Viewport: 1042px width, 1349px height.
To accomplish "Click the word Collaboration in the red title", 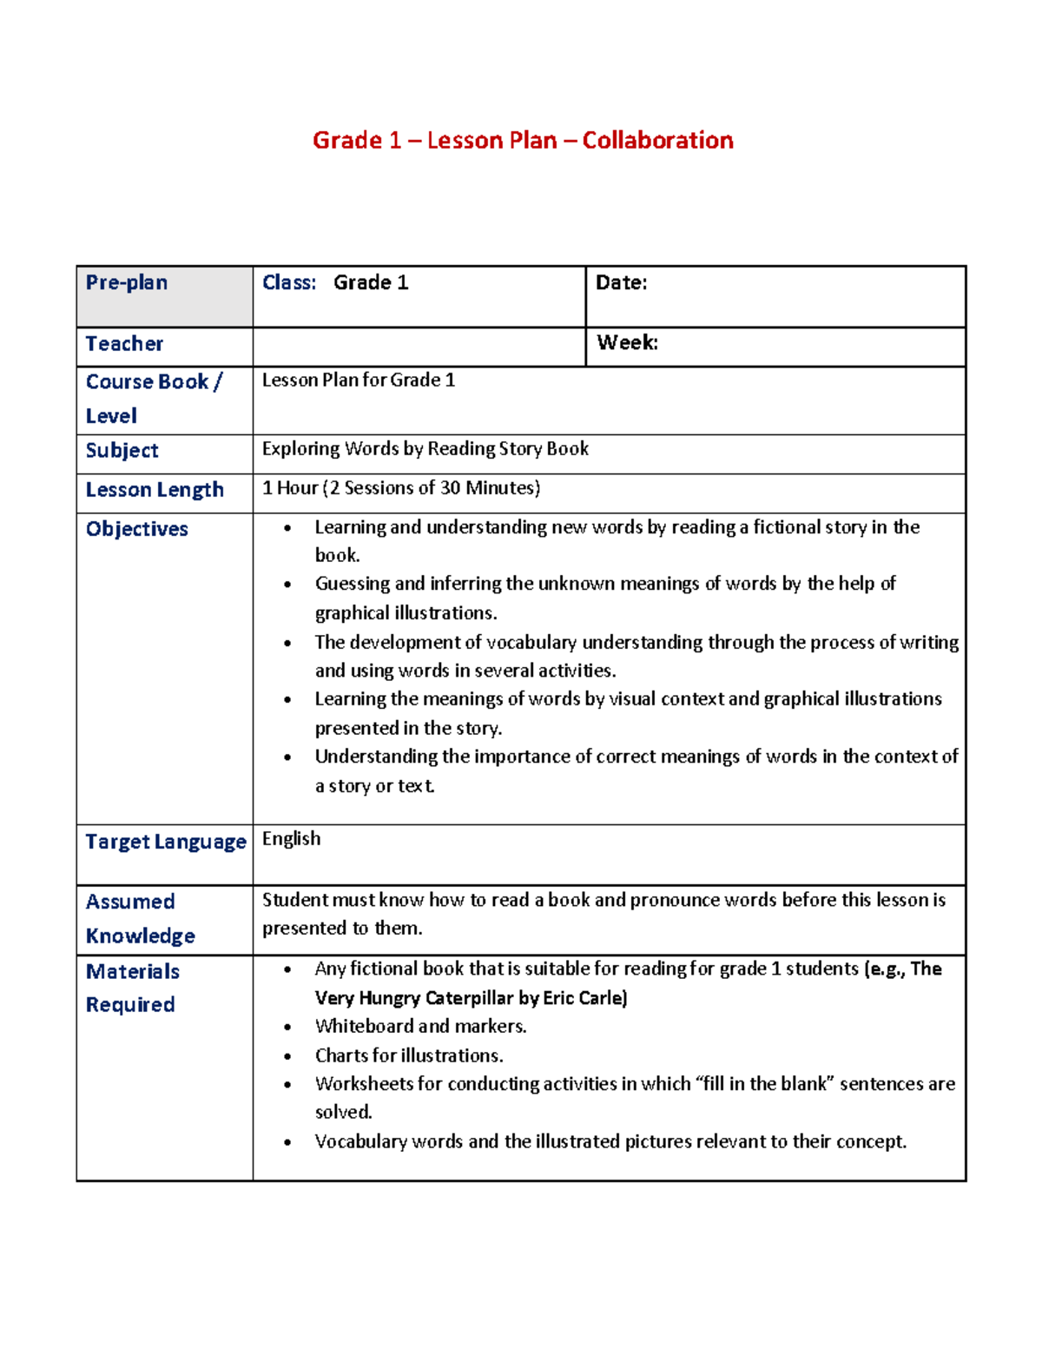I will [x=657, y=141].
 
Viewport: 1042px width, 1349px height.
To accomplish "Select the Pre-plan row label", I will [x=127, y=283].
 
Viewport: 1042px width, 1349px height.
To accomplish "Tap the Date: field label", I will [x=621, y=283].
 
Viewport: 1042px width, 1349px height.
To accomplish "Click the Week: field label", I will [x=627, y=343].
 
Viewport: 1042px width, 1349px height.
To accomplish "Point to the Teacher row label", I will [x=124, y=344].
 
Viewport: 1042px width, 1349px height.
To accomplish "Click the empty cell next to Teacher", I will [x=419, y=347].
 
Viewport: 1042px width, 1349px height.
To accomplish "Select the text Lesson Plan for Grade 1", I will [x=358, y=380].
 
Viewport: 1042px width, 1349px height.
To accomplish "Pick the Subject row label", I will [x=122, y=451].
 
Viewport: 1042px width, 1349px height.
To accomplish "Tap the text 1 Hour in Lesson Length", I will [x=290, y=488].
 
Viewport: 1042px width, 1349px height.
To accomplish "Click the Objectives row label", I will [x=136, y=529].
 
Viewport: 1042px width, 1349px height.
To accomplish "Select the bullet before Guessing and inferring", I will [x=287, y=585].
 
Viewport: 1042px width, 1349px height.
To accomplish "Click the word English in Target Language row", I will [x=291, y=839].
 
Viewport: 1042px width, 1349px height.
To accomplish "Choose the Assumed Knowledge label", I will [x=139, y=918].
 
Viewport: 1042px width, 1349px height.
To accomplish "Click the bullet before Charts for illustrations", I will [x=287, y=1057].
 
